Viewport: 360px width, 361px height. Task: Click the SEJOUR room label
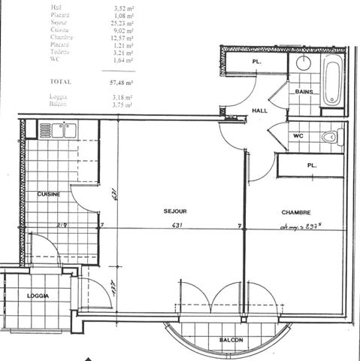(x=175, y=212)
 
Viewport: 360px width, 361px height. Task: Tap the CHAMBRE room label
(x=296, y=212)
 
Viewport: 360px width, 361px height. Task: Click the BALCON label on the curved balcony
(x=231, y=341)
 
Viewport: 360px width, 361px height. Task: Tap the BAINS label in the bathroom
(x=304, y=92)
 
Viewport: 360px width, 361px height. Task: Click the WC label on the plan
(x=298, y=136)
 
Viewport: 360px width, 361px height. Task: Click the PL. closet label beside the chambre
(x=311, y=165)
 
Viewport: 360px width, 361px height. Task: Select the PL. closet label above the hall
(x=256, y=62)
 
